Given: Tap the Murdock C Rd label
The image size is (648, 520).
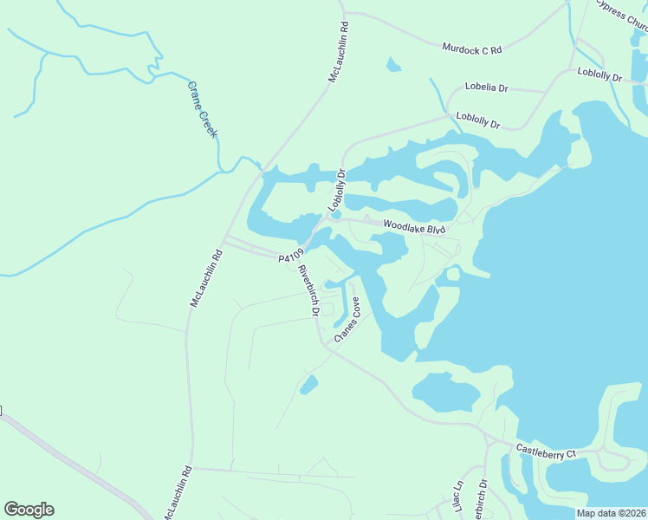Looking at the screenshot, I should pos(472,49).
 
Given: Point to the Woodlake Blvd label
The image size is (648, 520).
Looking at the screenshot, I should pos(414,226).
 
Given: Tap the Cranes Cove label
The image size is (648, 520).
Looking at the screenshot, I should pos(347,319).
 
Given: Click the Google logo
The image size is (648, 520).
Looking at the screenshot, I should pos(29,510).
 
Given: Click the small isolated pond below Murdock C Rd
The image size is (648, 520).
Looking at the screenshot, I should pos(394,64).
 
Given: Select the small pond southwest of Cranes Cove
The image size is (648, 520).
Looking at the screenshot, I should pos(308,384).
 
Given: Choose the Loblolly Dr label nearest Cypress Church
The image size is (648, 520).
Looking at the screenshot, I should pos(599,75).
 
